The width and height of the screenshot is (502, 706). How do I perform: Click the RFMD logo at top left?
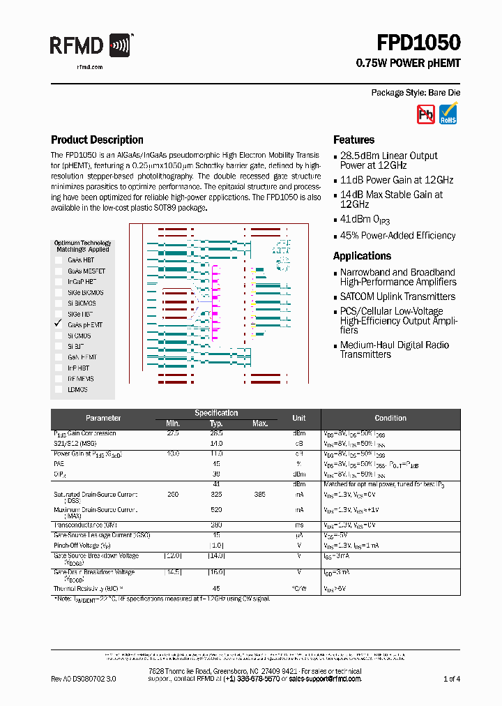(x=90, y=46)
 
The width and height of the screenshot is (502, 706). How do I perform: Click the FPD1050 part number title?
(x=418, y=43)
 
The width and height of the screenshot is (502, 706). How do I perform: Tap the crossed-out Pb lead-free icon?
(x=425, y=114)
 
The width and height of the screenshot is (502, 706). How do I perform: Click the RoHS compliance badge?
(x=448, y=114)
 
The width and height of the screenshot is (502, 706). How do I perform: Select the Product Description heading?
(x=97, y=140)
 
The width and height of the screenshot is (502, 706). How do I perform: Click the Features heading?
(x=353, y=140)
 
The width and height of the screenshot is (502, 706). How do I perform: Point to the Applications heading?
(x=362, y=256)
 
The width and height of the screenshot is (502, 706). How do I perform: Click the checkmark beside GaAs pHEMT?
(x=59, y=324)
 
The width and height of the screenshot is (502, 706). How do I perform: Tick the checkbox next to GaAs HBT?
(x=59, y=260)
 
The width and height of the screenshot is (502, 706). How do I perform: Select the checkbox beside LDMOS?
(x=59, y=389)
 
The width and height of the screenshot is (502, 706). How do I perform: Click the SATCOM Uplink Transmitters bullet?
(x=397, y=296)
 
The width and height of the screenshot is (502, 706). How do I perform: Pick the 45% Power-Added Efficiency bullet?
(x=397, y=236)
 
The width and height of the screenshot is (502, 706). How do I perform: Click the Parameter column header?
(x=103, y=418)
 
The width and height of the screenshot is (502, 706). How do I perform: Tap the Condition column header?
(x=390, y=418)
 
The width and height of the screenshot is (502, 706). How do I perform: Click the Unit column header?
(x=298, y=418)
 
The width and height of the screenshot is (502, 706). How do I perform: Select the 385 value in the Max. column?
(x=260, y=495)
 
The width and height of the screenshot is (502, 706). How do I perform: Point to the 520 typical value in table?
(x=216, y=510)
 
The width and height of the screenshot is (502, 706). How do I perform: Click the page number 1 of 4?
(x=451, y=679)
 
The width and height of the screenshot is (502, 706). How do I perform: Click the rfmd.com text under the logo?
(x=89, y=67)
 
